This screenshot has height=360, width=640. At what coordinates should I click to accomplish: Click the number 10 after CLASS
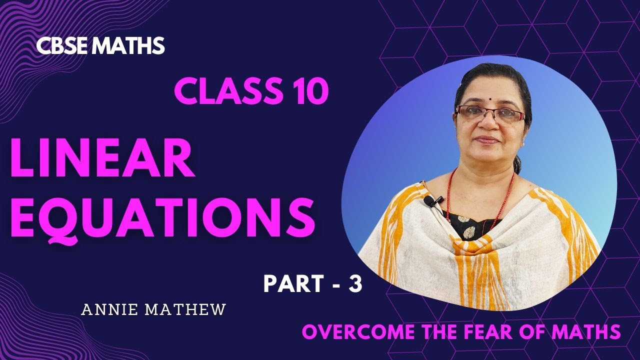pyautogui.click(x=309, y=92)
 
